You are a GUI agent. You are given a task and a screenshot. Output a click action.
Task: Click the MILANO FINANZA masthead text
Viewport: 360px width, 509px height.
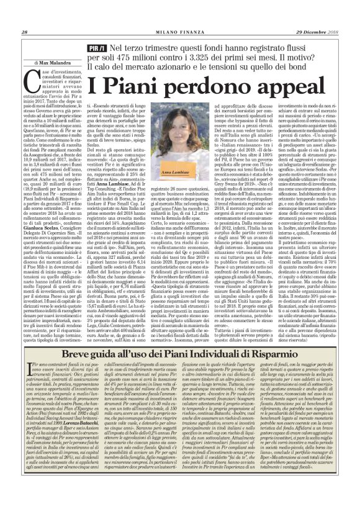pyautogui.click(x=179, y=32)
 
